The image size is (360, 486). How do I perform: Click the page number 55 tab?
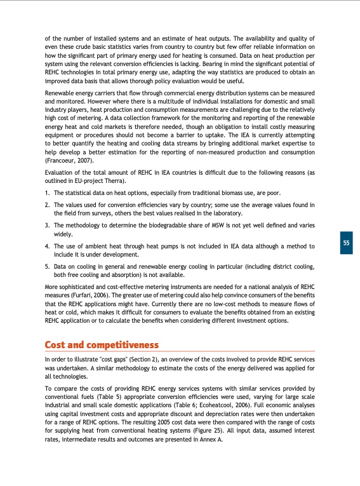[x=345, y=243]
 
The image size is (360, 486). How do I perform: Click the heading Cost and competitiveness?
[x=101, y=346]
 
